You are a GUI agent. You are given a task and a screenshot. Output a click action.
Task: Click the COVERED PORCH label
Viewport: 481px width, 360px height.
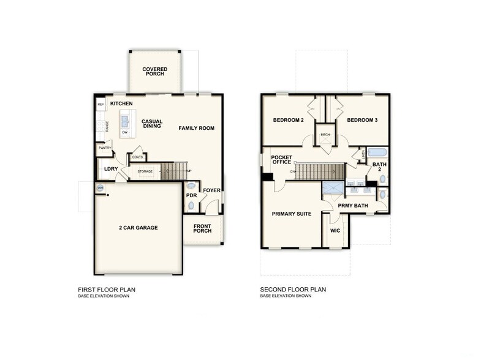pos(155,72)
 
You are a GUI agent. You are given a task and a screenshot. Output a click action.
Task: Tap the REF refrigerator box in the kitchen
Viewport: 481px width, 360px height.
pos(100,105)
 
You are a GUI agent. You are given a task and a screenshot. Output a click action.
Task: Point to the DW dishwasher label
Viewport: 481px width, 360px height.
pos(125,132)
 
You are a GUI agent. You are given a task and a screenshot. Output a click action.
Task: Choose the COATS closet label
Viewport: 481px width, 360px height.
pos(137,157)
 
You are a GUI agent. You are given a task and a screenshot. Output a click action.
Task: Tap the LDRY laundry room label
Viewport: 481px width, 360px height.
pos(110,168)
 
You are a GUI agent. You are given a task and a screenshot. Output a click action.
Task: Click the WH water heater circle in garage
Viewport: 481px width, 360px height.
pos(100,187)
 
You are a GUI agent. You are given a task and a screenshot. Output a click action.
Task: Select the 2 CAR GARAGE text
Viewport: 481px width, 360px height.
pos(138,228)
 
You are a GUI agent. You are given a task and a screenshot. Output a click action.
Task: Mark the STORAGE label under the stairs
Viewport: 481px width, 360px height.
pos(145,171)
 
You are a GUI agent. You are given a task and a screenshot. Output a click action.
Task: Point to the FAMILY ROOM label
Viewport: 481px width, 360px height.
pos(197,128)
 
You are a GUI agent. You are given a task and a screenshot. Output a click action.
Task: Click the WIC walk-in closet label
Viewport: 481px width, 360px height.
pos(335,231)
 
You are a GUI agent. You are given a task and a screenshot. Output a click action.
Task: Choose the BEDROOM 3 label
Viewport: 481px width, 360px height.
pos(362,120)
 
